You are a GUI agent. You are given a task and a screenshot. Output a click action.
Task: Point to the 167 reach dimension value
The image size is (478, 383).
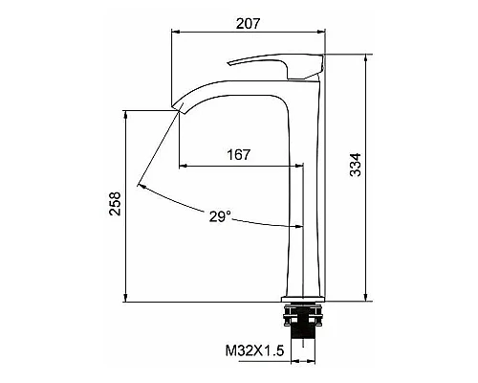pos(241,154)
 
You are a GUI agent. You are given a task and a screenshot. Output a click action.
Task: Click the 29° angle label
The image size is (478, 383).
pos(219,216)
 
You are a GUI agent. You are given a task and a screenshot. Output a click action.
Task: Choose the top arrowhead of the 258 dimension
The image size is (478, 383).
pos(126,113)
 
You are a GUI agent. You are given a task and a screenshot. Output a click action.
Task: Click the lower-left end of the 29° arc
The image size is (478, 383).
pos(141,183)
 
